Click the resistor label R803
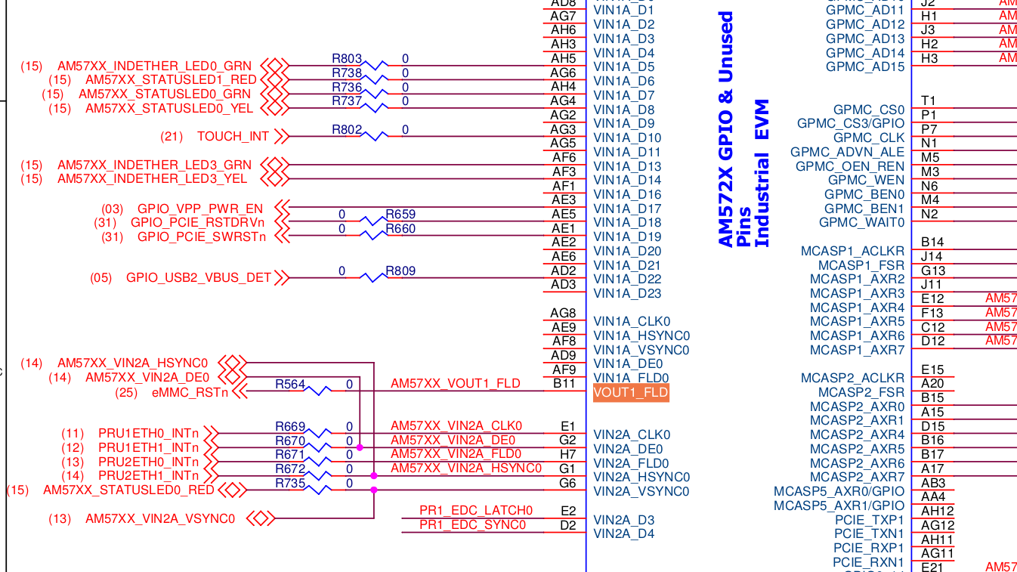347,59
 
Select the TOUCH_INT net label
233,137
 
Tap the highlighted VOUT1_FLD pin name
631,393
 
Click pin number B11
564,384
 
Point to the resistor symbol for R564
320,391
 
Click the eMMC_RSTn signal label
190,392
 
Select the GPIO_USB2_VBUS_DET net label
198,278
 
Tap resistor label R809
400,271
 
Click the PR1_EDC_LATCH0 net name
476,511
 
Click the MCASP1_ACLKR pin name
852,251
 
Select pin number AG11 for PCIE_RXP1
937,554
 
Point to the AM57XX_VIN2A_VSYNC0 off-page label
160,519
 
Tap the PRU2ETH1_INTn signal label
148,476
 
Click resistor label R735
290,483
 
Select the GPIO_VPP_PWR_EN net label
200,209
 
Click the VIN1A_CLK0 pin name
632,322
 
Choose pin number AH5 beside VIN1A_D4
564,59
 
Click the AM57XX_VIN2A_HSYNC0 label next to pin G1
465,468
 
